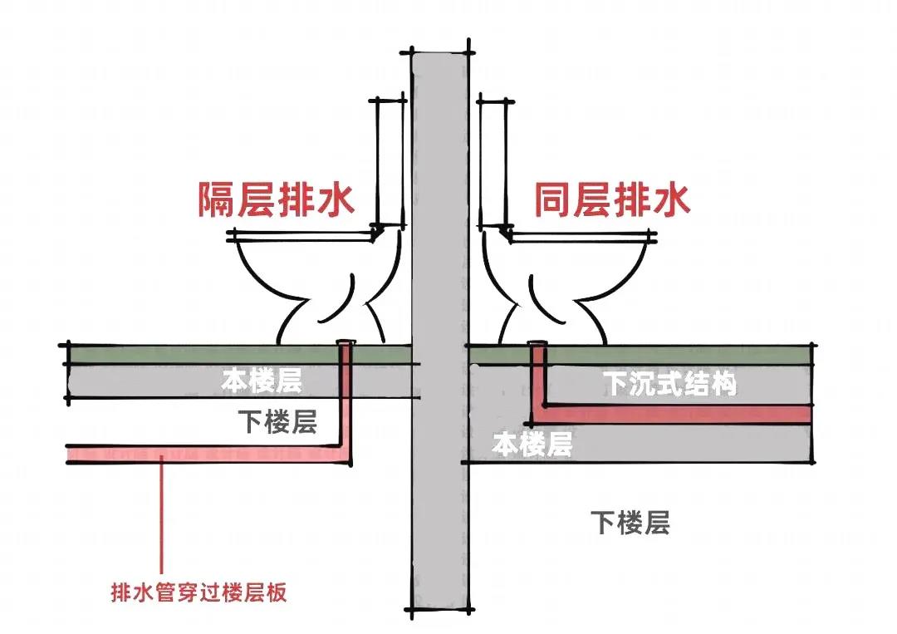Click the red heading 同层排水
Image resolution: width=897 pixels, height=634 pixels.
(x=612, y=199)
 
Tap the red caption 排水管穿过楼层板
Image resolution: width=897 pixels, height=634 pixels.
(x=199, y=593)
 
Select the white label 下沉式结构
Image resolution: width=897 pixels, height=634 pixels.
(x=669, y=385)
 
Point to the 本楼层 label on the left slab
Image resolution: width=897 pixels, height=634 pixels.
(x=261, y=381)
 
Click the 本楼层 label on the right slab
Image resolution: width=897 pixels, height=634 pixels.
(x=532, y=445)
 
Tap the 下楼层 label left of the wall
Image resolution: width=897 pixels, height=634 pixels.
(x=277, y=422)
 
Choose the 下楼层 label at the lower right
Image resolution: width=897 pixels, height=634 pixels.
(x=630, y=523)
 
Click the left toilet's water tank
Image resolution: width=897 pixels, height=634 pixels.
(x=390, y=162)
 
